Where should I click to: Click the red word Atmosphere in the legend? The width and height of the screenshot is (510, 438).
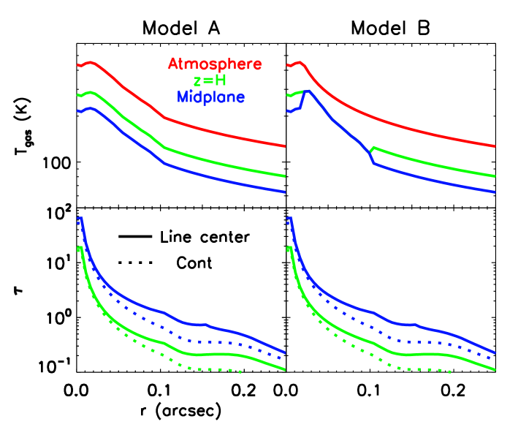pos(215,64)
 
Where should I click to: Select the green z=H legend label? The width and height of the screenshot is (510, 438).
pos(210,81)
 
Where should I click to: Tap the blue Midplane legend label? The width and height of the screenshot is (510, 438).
pos(210,97)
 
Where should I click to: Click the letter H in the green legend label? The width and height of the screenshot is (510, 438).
pos(221,81)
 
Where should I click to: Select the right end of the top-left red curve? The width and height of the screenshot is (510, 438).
pos(284,146)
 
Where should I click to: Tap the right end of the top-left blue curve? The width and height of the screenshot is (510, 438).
pos(284,192)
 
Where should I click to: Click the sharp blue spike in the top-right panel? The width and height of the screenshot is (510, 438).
pos(308,91)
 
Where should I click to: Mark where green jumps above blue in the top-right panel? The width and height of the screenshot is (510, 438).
pos(373,148)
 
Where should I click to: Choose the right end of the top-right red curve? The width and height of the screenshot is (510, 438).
pos(496,146)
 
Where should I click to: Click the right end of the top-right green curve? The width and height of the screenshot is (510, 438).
pos(496,176)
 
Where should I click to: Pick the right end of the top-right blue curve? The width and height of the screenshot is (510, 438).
pos(496,192)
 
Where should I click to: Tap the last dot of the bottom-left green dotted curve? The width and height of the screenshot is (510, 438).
pos(240,372)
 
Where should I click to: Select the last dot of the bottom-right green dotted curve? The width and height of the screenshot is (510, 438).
pos(450,372)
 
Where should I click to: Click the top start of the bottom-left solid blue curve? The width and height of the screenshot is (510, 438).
pos(80,219)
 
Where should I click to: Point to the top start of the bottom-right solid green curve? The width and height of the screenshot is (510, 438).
pos(291,249)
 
